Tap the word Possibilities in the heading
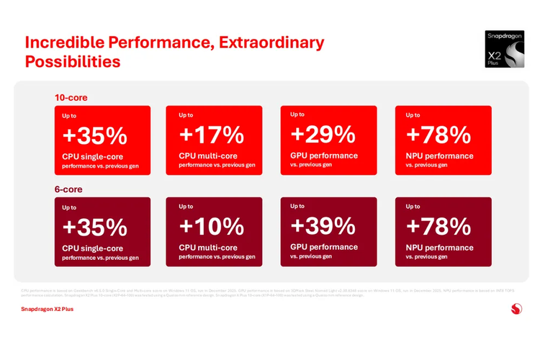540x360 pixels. (x=72, y=62)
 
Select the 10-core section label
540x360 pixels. (x=71, y=97)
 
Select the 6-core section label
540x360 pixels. (x=68, y=189)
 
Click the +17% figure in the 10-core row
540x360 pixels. (x=211, y=135)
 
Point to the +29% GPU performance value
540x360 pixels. (x=323, y=134)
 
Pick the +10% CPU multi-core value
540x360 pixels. (x=211, y=226)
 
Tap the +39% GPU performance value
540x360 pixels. (x=323, y=225)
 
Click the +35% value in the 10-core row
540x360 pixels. (x=94, y=135)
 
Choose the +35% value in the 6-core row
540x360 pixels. (x=94, y=227)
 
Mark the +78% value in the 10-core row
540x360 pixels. (x=438, y=135)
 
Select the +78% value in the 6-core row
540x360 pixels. (x=438, y=226)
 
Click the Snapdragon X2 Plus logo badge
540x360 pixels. (x=504, y=49)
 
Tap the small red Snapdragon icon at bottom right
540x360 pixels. (x=516, y=308)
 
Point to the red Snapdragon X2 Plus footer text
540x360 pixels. (x=47, y=309)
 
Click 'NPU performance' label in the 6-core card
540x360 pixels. (x=439, y=248)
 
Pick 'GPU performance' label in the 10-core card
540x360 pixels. (x=324, y=156)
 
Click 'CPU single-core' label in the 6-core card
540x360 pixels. (x=92, y=248)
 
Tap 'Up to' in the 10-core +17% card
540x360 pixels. (x=186, y=115)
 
